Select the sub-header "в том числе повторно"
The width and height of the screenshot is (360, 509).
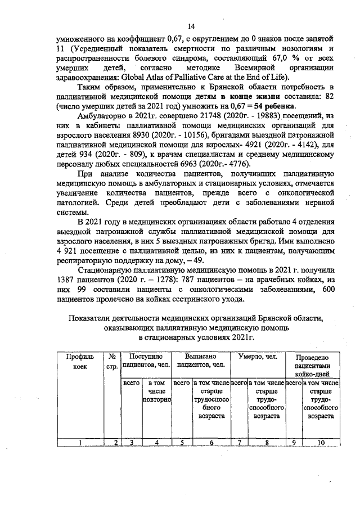click(155, 391)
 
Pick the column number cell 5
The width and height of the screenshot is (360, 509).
click(182, 442)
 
